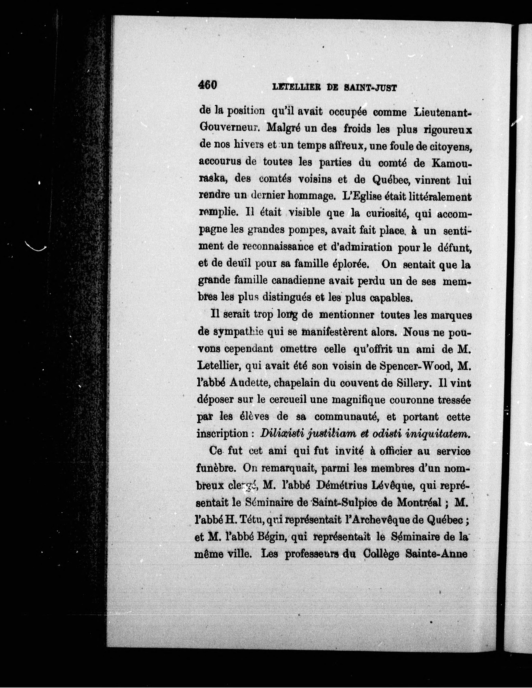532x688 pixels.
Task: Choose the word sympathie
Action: (238, 332)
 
